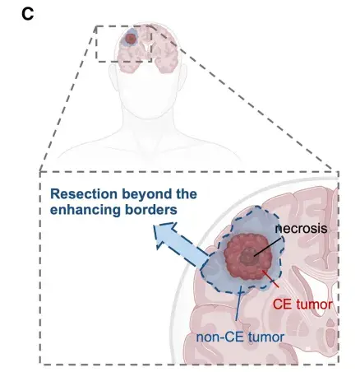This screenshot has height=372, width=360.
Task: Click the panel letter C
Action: pyautogui.click(x=28, y=14)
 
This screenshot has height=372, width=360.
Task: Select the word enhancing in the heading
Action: pyautogui.click(x=85, y=211)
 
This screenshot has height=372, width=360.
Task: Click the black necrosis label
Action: pyautogui.click(x=301, y=229)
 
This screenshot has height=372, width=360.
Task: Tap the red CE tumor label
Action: pyautogui.click(x=302, y=305)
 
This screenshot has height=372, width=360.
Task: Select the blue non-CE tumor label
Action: pyautogui.click(x=240, y=337)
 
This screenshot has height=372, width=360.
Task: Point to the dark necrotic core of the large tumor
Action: pyautogui.click(x=248, y=256)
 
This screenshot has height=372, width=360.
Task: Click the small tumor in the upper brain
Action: pyautogui.click(x=131, y=40)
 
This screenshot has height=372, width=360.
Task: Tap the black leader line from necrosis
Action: pyautogui.click(x=267, y=247)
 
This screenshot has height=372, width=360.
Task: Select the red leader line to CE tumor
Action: pyautogui.click(x=270, y=279)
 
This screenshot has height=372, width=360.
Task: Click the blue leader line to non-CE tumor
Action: pyautogui.click(x=238, y=304)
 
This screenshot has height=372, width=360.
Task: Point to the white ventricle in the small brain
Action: pyautogui.click(x=148, y=46)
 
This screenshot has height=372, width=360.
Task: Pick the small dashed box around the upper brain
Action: pyautogui.click(x=96, y=44)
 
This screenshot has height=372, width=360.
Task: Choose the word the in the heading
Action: pyautogui.click(x=187, y=194)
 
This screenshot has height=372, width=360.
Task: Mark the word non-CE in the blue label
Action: pyautogui.click(x=219, y=337)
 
